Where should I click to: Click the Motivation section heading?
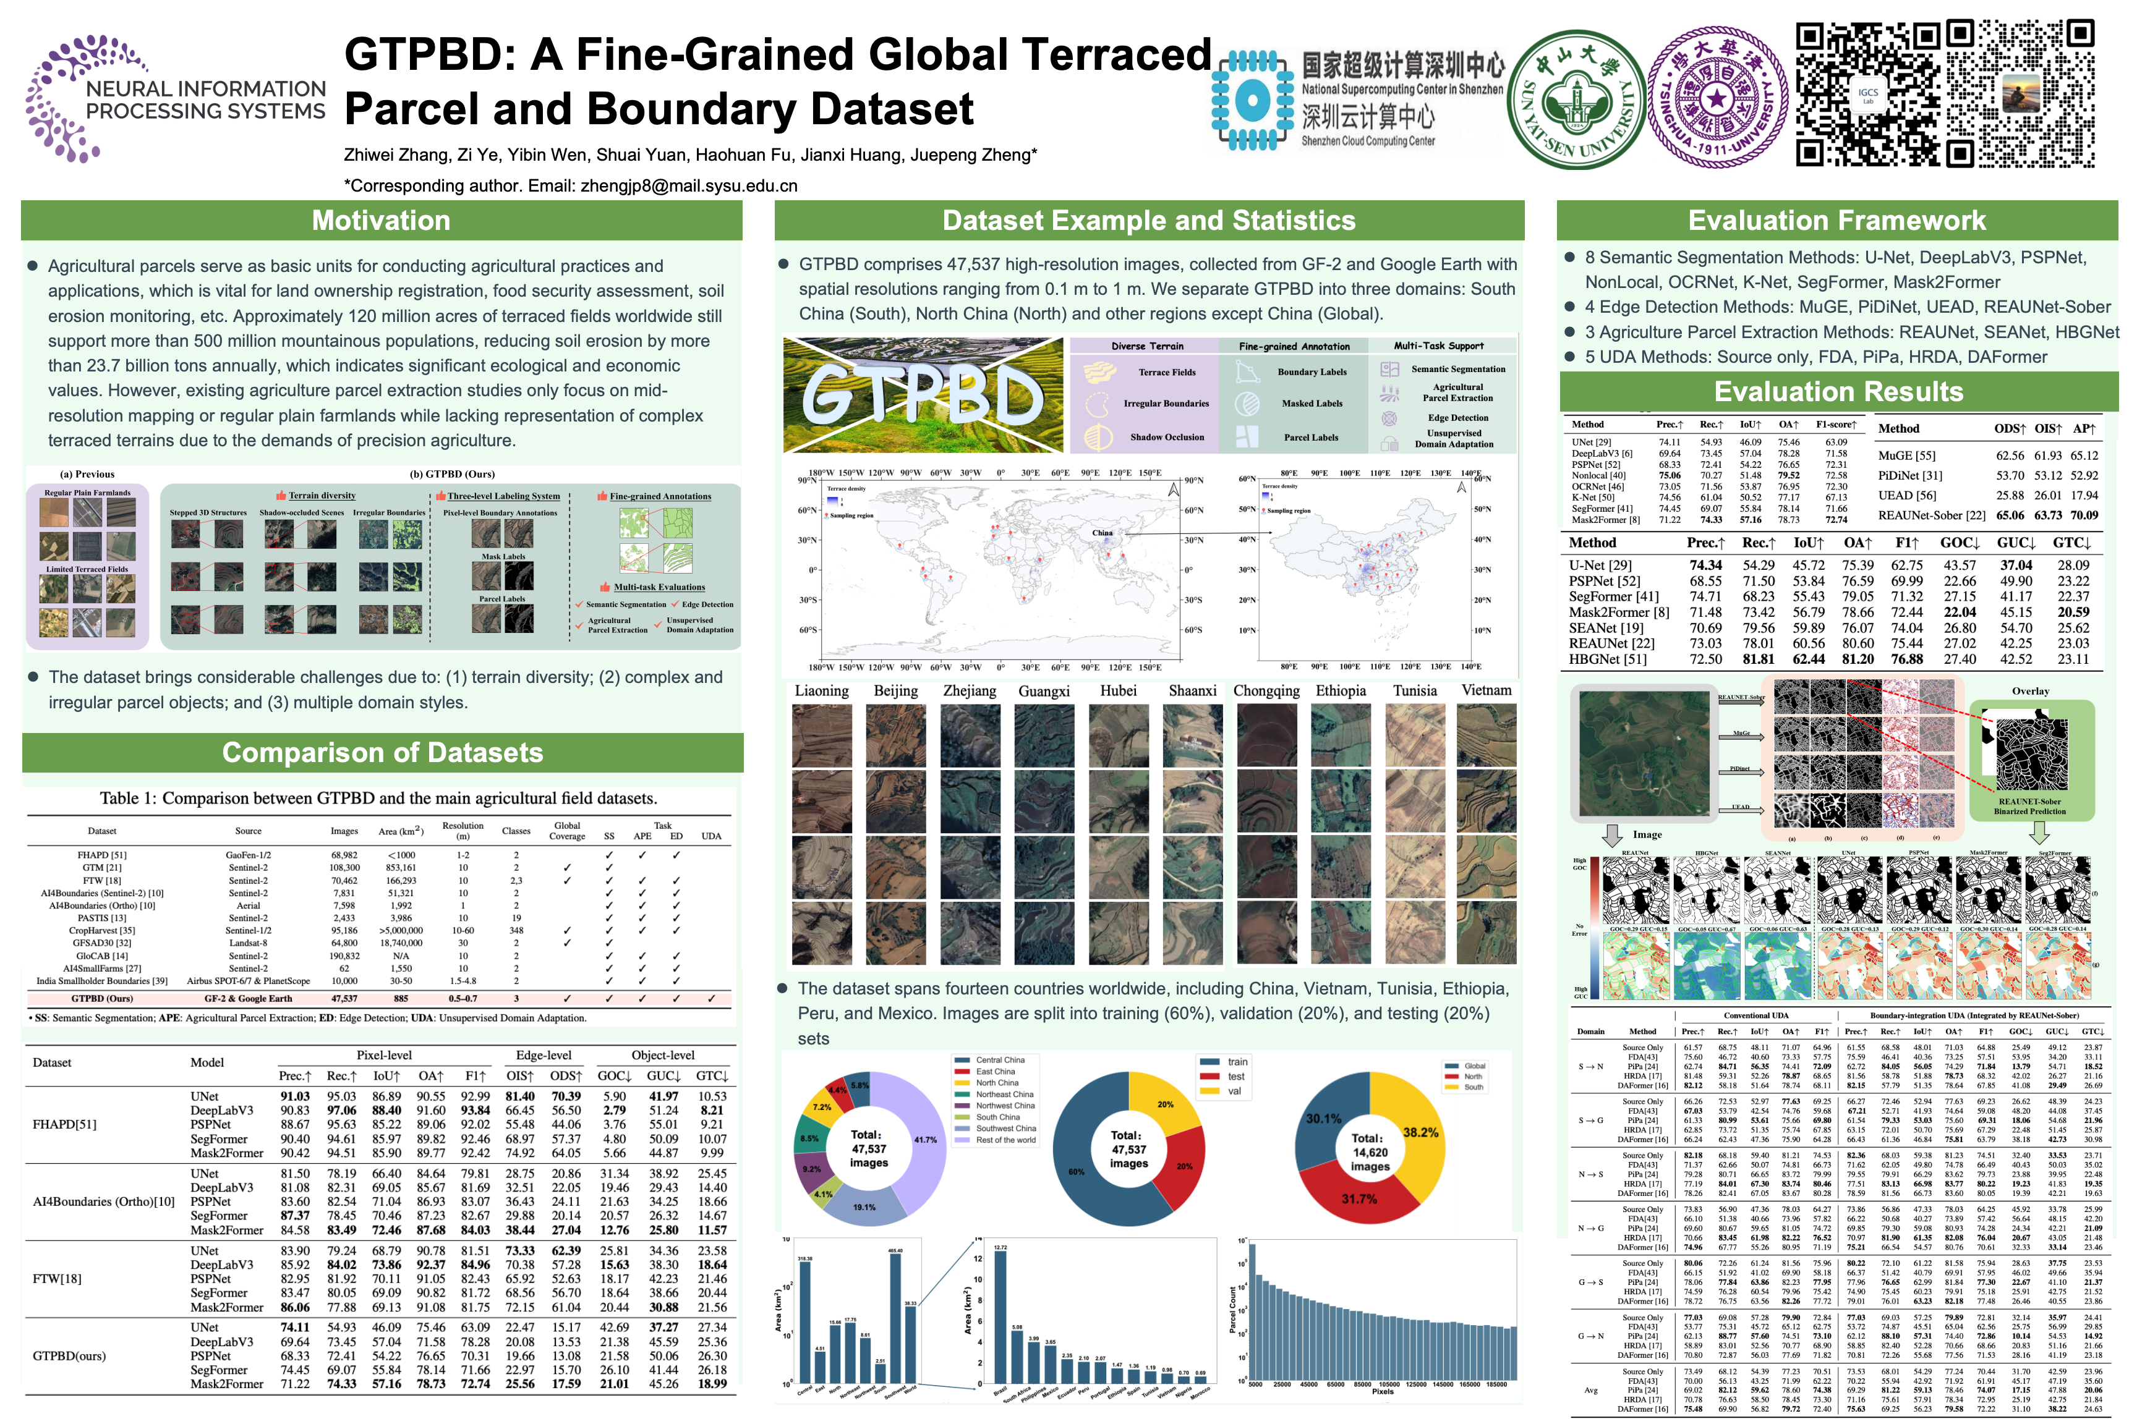click(381, 221)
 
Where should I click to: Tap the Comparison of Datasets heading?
click(383, 753)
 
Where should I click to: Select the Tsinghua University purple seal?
click(1715, 97)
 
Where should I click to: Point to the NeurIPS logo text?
click(205, 101)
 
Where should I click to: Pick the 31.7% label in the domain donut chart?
click(1359, 1200)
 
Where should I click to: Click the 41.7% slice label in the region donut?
click(925, 1140)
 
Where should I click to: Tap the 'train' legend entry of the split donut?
click(1237, 1062)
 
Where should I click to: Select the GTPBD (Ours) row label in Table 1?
click(102, 999)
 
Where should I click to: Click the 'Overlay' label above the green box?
click(2030, 691)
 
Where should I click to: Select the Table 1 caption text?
click(378, 799)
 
